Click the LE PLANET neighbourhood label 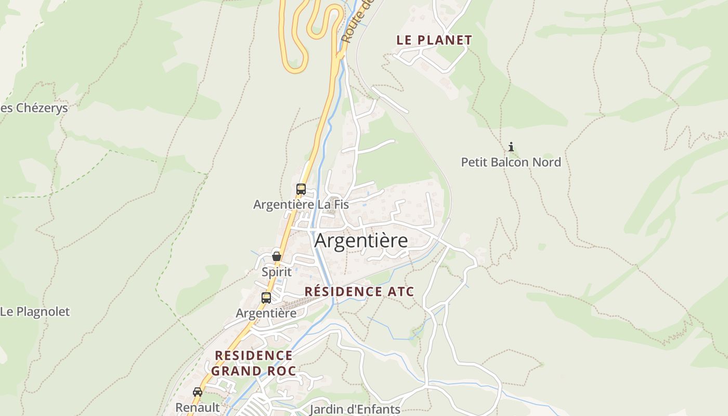[x=434, y=40]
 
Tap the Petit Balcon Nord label [x=511, y=162]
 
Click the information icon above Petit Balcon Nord [x=511, y=147]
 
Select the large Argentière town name [x=361, y=241]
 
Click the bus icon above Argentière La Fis [x=301, y=189]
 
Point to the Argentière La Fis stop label [x=301, y=205]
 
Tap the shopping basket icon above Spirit [x=277, y=256]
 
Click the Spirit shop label [x=276, y=271]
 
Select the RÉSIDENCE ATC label [x=359, y=291]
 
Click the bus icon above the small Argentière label [x=266, y=298]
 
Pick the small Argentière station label [x=266, y=313]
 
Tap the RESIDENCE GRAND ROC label [x=254, y=363]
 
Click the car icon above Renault [x=198, y=392]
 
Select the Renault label [x=198, y=407]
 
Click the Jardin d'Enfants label [x=355, y=409]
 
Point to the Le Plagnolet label [x=35, y=312]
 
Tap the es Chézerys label [x=34, y=108]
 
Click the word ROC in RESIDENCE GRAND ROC [x=281, y=371]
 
